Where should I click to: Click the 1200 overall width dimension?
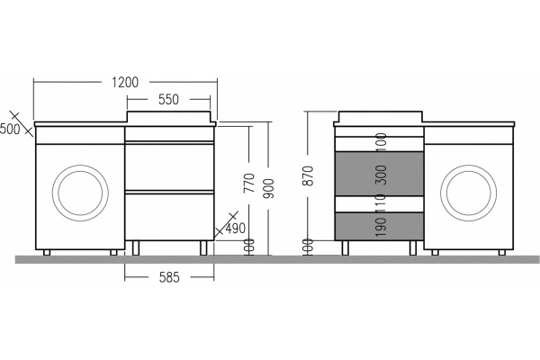(x=125, y=82)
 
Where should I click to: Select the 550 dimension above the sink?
(x=168, y=100)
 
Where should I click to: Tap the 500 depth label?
(x=10, y=130)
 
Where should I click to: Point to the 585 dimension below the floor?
(x=169, y=277)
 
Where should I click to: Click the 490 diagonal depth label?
(x=236, y=228)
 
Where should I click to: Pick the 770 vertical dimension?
(x=249, y=183)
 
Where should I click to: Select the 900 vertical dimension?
(x=268, y=188)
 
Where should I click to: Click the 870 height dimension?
(x=308, y=175)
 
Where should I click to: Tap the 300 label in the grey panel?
(x=382, y=175)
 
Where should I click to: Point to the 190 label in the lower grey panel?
(x=381, y=227)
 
